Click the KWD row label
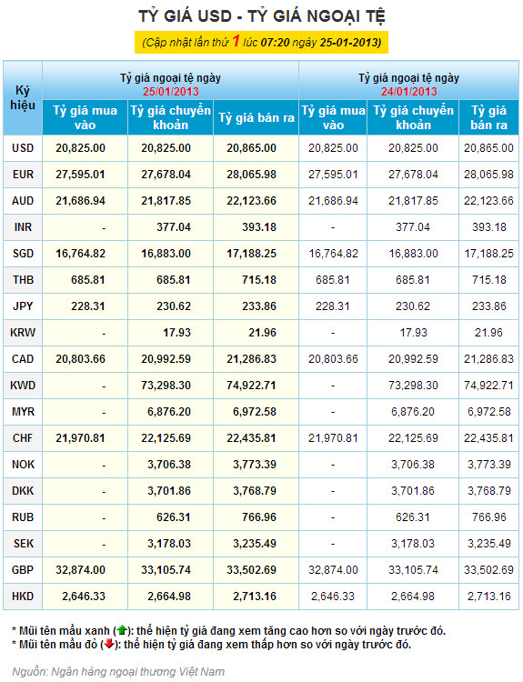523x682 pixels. (x=23, y=386)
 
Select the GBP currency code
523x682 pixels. (x=23, y=570)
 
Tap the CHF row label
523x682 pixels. (x=23, y=438)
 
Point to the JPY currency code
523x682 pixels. (x=23, y=306)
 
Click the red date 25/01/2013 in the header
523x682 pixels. (x=171, y=91)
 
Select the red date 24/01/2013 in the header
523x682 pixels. (x=409, y=91)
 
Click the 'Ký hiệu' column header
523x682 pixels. (x=23, y=98)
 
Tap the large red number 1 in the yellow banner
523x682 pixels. (x=236, y=41)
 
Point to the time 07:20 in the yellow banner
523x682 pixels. (x=275, y=43)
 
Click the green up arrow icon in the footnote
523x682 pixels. (x=121, y=630)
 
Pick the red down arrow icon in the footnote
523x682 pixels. (x=108, y=644)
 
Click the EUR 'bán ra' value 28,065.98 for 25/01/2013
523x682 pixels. (x=251, y=175)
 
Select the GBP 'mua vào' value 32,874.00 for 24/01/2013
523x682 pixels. (x=333, y=570)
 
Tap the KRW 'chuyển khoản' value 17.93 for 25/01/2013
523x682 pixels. (x=177, y=333)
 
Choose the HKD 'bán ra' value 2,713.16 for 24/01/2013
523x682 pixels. (x=489, y=597)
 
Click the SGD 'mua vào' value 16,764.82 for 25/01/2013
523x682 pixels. (x=80, y=254)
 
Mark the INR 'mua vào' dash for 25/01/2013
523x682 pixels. (x=104, y=228)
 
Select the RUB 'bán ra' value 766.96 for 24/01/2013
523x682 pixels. (x=489, y=517)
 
